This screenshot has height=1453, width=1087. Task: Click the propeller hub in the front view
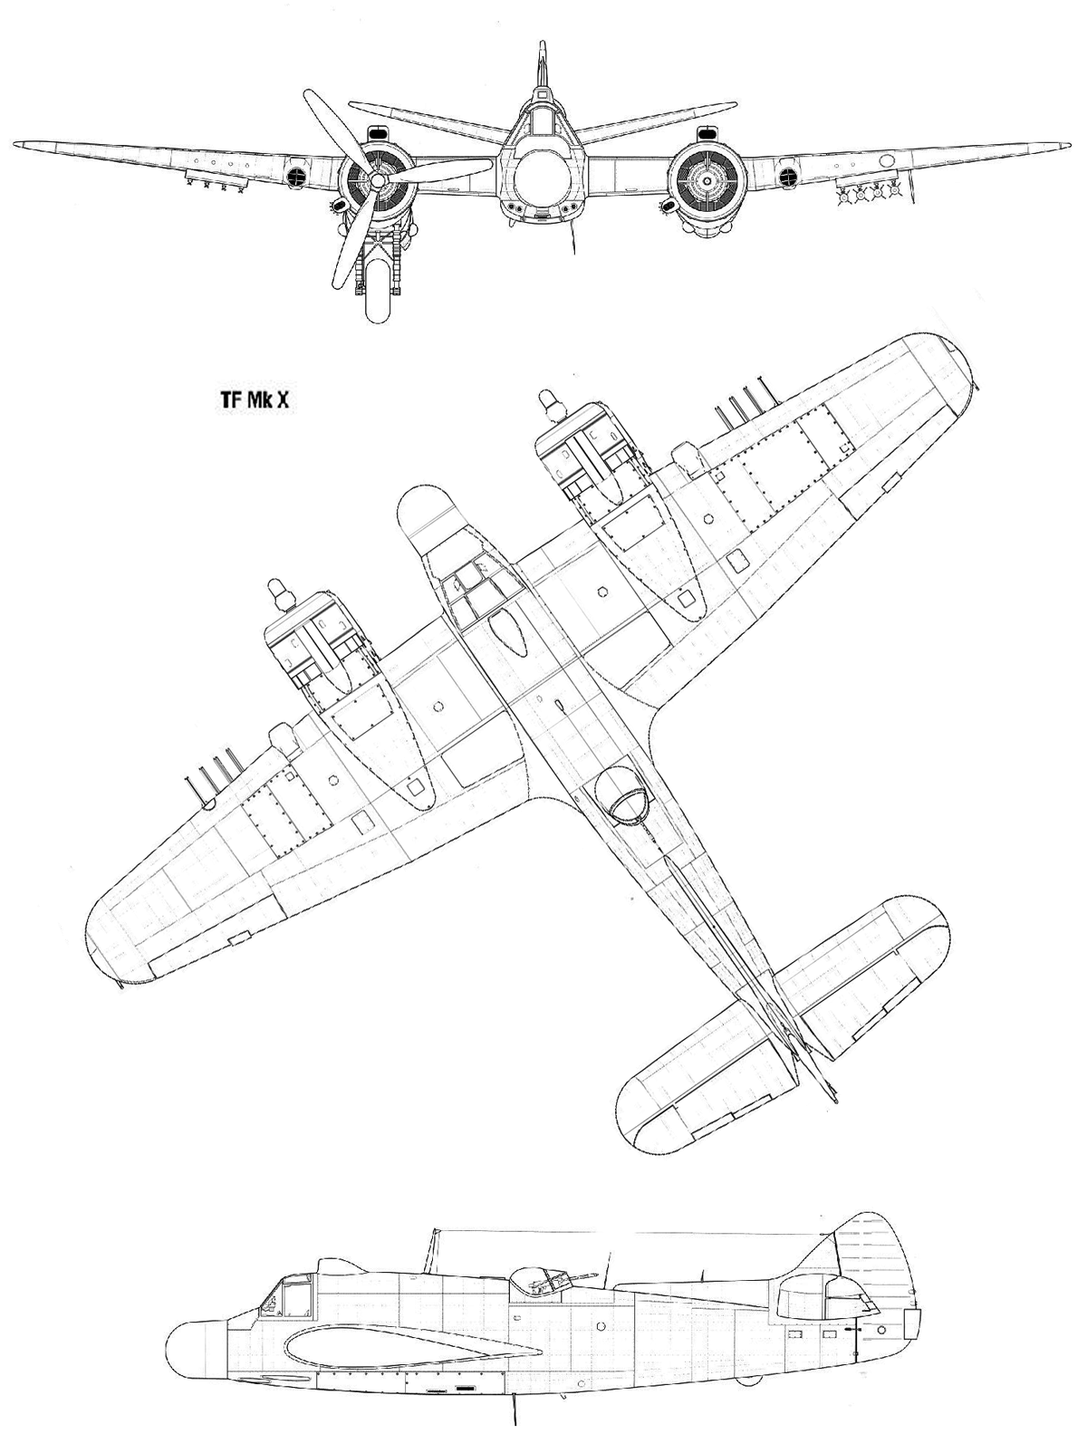coord(378,179)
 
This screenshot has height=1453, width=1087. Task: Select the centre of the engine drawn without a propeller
coord(707,180)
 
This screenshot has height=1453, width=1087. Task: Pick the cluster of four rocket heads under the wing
coord(868,193)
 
